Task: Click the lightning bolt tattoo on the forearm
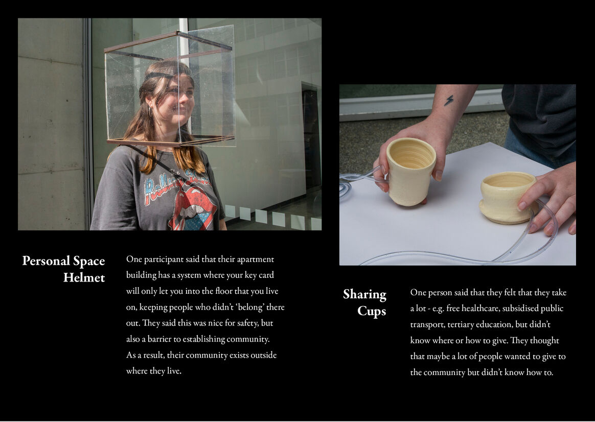click(449, 100)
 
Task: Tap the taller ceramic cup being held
click(411, 171)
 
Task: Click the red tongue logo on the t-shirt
click(193, 212)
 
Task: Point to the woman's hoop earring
click(150, 112)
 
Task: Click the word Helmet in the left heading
click(84, 278)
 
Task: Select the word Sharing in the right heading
click(364, 295)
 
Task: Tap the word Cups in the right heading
click(372, 311)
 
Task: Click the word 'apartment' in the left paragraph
click(256, 260)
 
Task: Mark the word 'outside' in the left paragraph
click(264, 356)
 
